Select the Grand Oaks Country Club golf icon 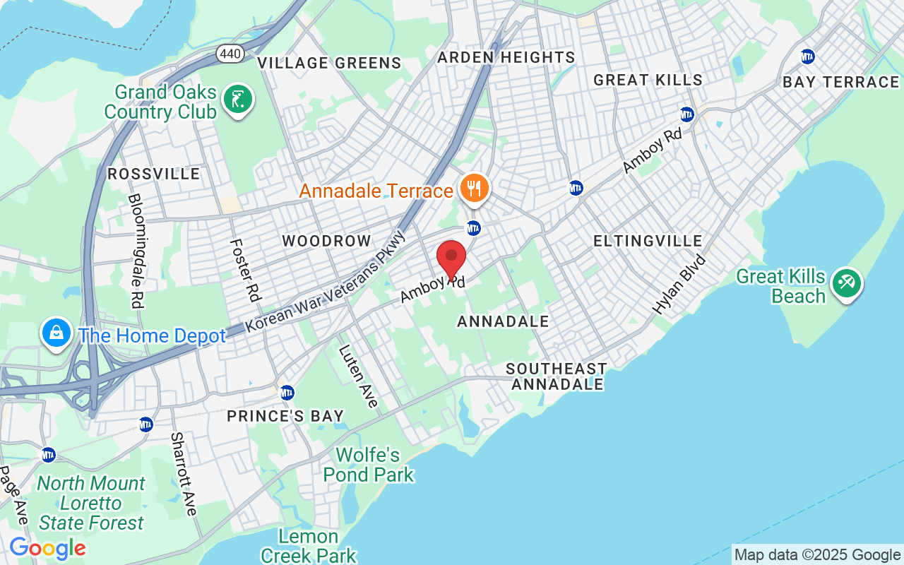(238, 100)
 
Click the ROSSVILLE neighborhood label (153, 174)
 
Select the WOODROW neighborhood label (326, 241)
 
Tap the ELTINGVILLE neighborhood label (648, 241)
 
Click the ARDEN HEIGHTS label (506, 57)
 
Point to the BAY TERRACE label (840, 82)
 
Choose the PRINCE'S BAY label (285, 416)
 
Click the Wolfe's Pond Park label (368, 465)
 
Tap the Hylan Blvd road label (679, 284)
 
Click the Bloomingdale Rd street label (136, 251)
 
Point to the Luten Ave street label (357, 376)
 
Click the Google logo (47, 548)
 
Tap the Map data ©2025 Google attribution (817, 555)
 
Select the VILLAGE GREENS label (329, 63)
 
